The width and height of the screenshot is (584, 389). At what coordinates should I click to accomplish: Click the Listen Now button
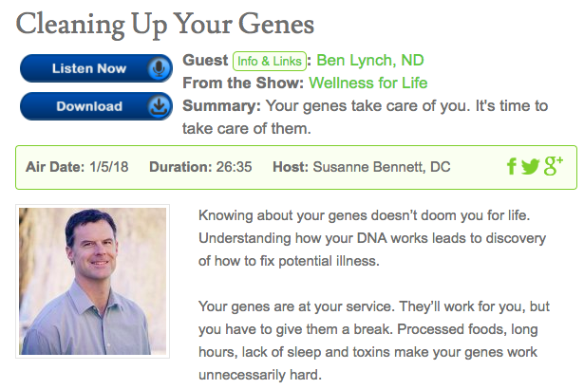tap(96, 68)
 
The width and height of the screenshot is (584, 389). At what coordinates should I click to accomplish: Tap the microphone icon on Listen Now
tap(159, 68)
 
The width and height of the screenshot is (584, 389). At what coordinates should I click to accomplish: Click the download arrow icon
tap(159, 106)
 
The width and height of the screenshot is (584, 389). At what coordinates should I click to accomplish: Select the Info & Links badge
tap(270, 61)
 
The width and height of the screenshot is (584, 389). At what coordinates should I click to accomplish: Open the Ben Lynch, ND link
tap(370, 61)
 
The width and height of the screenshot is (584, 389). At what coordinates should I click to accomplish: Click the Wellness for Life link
tap(368, 83)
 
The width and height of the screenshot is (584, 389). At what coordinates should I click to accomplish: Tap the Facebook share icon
tap(512, 166)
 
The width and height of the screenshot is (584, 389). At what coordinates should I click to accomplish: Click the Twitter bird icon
tap(531, 166)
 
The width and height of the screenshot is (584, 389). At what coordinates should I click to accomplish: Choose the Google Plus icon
tap(553, 166)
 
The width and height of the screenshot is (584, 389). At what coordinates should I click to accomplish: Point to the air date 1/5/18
tap(109, 167)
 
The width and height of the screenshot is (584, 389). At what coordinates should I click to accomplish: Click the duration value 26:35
tap(234, 167)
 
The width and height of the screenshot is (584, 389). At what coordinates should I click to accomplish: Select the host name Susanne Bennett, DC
tap(382, 167)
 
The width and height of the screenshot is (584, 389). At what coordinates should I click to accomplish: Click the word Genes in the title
tap(276, 25)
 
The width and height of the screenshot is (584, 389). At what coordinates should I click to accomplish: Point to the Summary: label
tap(221, 106)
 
